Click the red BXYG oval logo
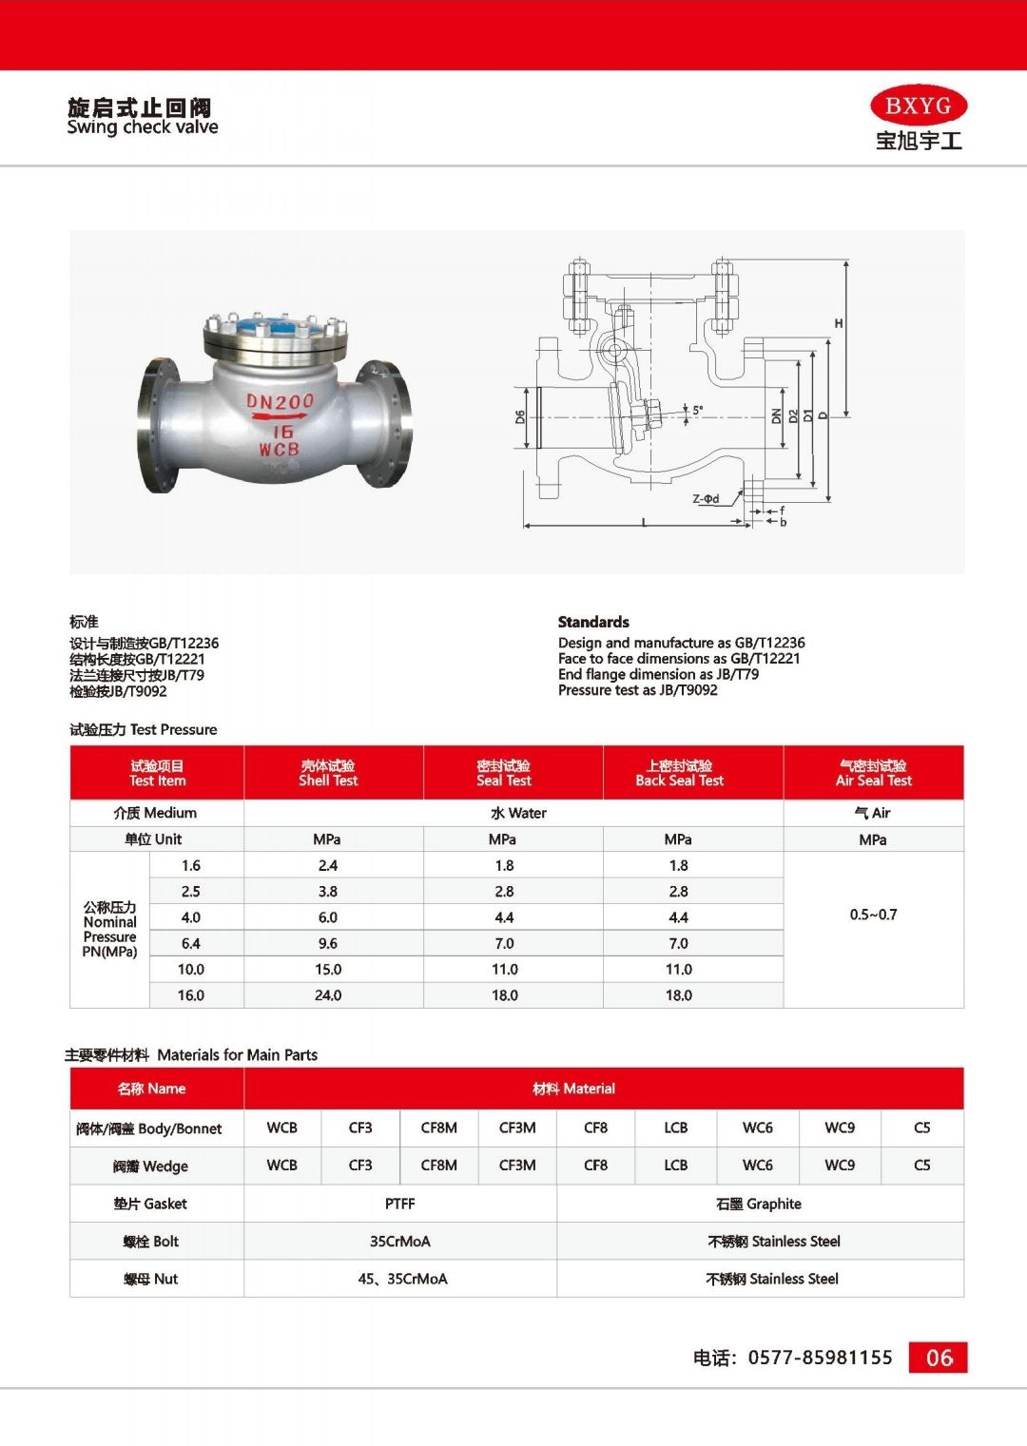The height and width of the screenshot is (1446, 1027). point(918,106)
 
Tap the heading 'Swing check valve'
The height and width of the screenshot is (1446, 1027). point(143,127)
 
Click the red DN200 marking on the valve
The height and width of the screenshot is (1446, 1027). point(280,401)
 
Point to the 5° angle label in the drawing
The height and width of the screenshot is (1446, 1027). point(697,411)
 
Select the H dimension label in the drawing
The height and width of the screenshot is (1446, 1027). point(839,323)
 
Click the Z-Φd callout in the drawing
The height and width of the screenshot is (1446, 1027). point(706,498)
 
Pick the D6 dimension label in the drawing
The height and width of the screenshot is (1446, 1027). point(520,416)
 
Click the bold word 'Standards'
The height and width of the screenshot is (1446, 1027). point(593,622)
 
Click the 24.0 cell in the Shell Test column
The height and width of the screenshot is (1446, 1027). point(328,995)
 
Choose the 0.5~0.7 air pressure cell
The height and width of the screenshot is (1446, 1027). point(873,915)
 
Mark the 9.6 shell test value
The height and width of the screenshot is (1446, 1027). point(328,943)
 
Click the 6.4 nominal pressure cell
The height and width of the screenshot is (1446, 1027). point(191,943)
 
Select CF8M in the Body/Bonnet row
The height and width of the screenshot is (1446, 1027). point(439,1128)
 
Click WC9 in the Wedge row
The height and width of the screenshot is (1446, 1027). point(840,1165)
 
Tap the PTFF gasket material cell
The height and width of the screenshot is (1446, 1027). point(400,1204)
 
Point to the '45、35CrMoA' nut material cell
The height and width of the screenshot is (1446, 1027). point(402,1279)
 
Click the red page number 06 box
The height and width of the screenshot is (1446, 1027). point(939,1358)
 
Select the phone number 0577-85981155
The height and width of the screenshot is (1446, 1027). point(820,1358)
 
